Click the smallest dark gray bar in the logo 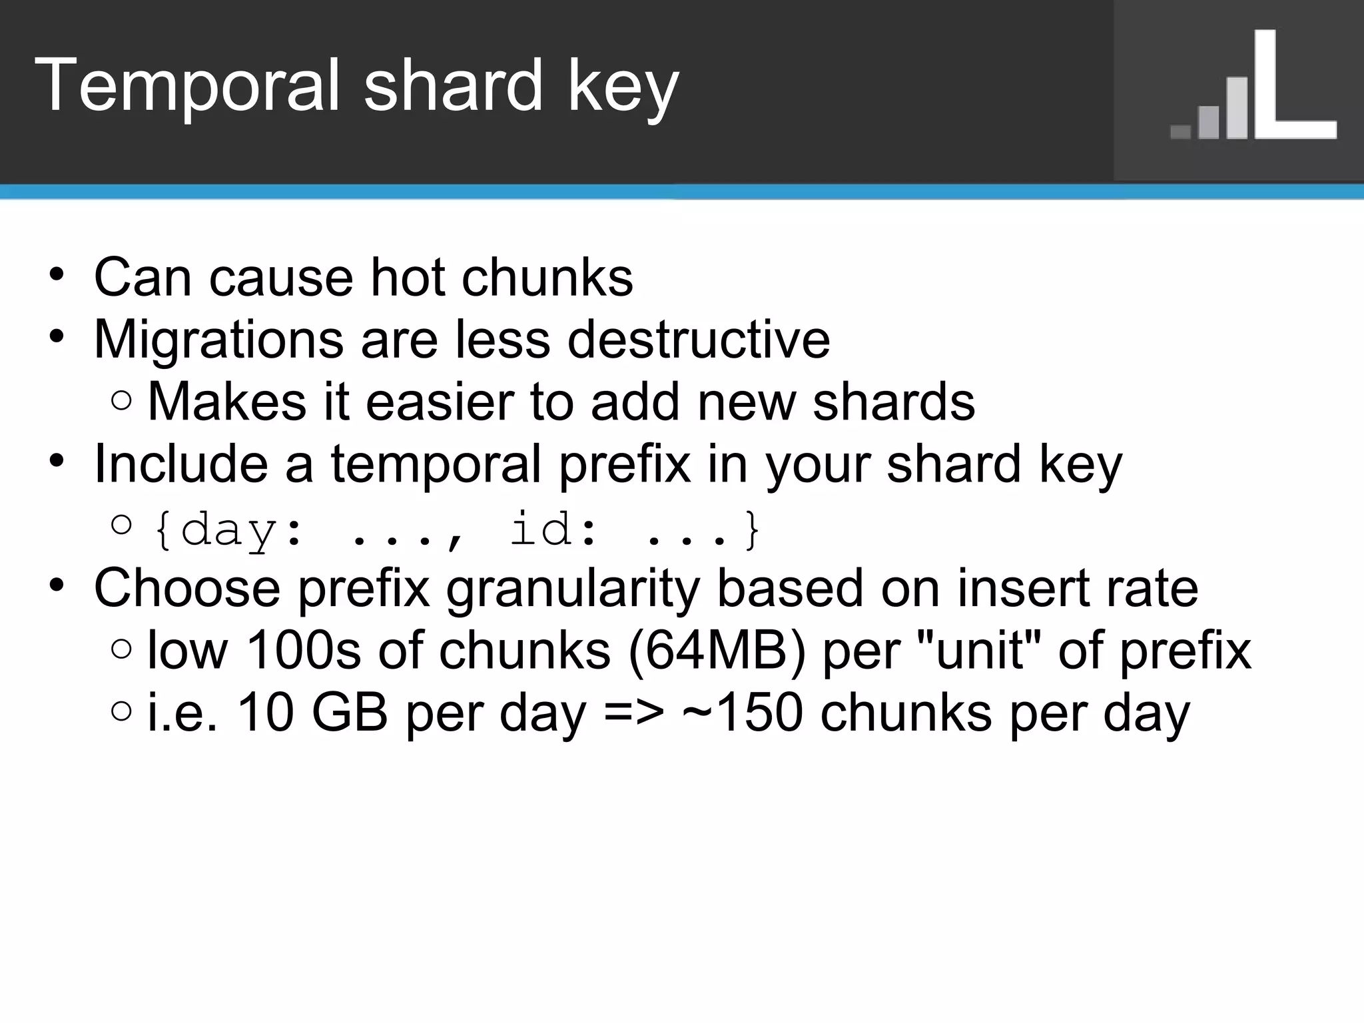pyautogui.click(x=1180, y=132)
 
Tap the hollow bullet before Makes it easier pyautogui.click(x=122, y=401)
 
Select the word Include pyautogui.click(x=180, y=464)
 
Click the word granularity pyautogui.click(x=572, y=589)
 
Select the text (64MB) pyautogui.click(x=717, y=650)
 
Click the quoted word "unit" pyautogui.click(x=979, y=650)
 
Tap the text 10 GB pyautogui.click(x=312, y=713)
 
